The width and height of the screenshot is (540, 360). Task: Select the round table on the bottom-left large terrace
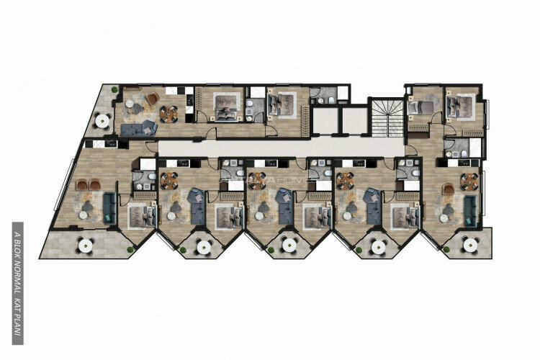pos(85,245)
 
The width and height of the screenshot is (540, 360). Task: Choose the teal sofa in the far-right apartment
pos(470,207)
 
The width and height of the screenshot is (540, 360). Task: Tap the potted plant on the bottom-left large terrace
pos(130,250)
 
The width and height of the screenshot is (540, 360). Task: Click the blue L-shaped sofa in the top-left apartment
pos(139,128)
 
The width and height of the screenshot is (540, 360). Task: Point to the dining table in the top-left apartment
pos(168,112)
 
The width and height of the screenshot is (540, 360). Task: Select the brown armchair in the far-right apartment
pos(449,189)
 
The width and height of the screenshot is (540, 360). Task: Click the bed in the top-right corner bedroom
pos(455,105)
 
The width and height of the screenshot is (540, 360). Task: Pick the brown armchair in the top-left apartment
pos(153,98)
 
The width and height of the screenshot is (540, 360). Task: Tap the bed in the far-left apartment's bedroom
pos(138,213)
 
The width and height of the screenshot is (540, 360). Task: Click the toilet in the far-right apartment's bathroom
pos(452,152)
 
